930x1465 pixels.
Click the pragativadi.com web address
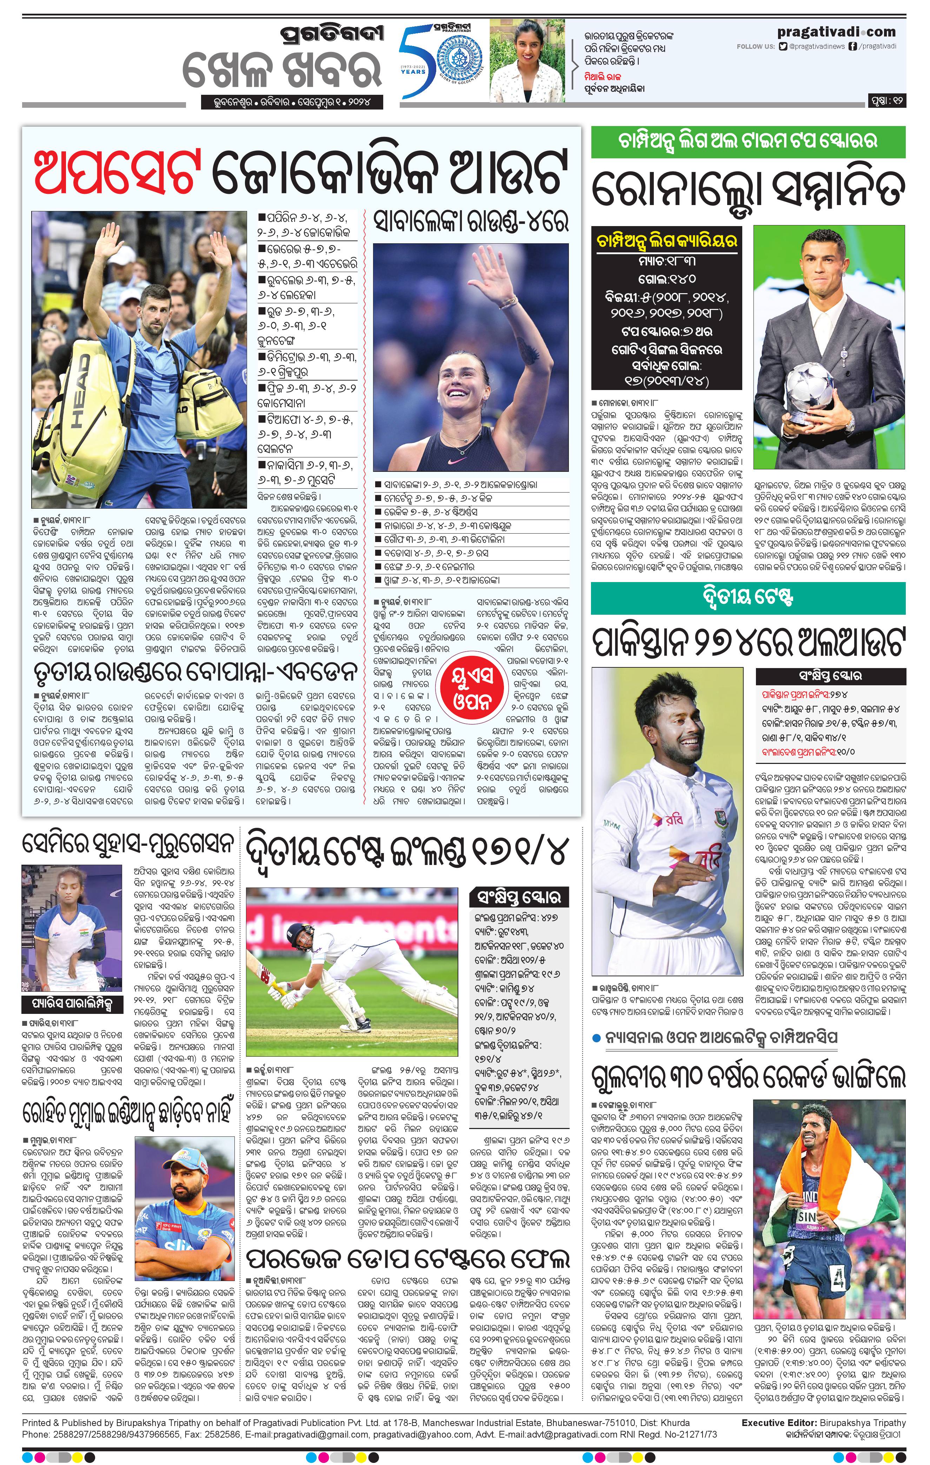pos(836,32)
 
